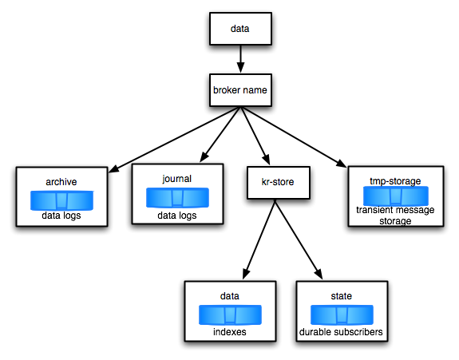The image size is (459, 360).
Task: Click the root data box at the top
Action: pos(240,29)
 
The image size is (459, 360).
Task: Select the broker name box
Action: pos(240,90)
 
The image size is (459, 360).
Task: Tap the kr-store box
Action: pos(279,183)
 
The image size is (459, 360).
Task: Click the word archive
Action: pos(61,182)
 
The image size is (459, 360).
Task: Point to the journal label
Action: pos(176,179)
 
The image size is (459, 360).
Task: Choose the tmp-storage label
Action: pos(395,181)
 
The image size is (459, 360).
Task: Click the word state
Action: pos(342,296)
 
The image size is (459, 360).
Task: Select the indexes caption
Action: pos(230,332)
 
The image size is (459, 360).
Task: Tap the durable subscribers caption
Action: pos(341,332)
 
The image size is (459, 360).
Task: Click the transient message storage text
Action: pos(395,216)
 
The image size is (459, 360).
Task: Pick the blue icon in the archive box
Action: pos(61,200)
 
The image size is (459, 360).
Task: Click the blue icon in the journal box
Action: pos(177,198)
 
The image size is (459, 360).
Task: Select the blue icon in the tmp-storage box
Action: pos(396,196)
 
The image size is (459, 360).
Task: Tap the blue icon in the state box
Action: pos(342,315)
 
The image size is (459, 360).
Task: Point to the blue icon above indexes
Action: pos(230,315)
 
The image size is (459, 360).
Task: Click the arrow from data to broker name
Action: pos(240,59)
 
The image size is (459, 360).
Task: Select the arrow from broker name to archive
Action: pos(175,140)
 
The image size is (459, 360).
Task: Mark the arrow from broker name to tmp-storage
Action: pos(294,137)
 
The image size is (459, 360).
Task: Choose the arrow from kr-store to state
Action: pos(299,239)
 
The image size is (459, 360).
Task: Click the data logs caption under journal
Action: pos(176,216)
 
